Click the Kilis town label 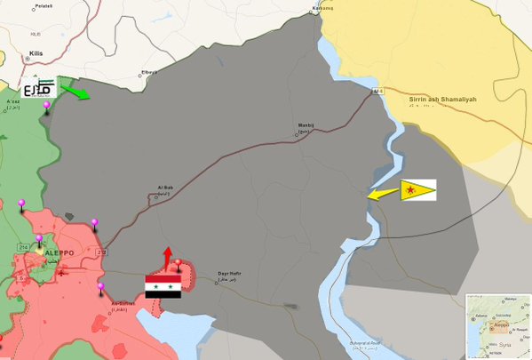(36, 53)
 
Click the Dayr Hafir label (229, 274)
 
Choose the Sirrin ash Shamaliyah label (443, 100)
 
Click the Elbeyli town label (149, 72)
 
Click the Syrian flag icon (163, 286)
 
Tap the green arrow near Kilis (75, 92)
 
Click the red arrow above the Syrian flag (167, 258)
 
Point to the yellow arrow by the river (383, 194)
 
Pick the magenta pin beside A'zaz (46, 108)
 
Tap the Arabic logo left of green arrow (38, 88)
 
